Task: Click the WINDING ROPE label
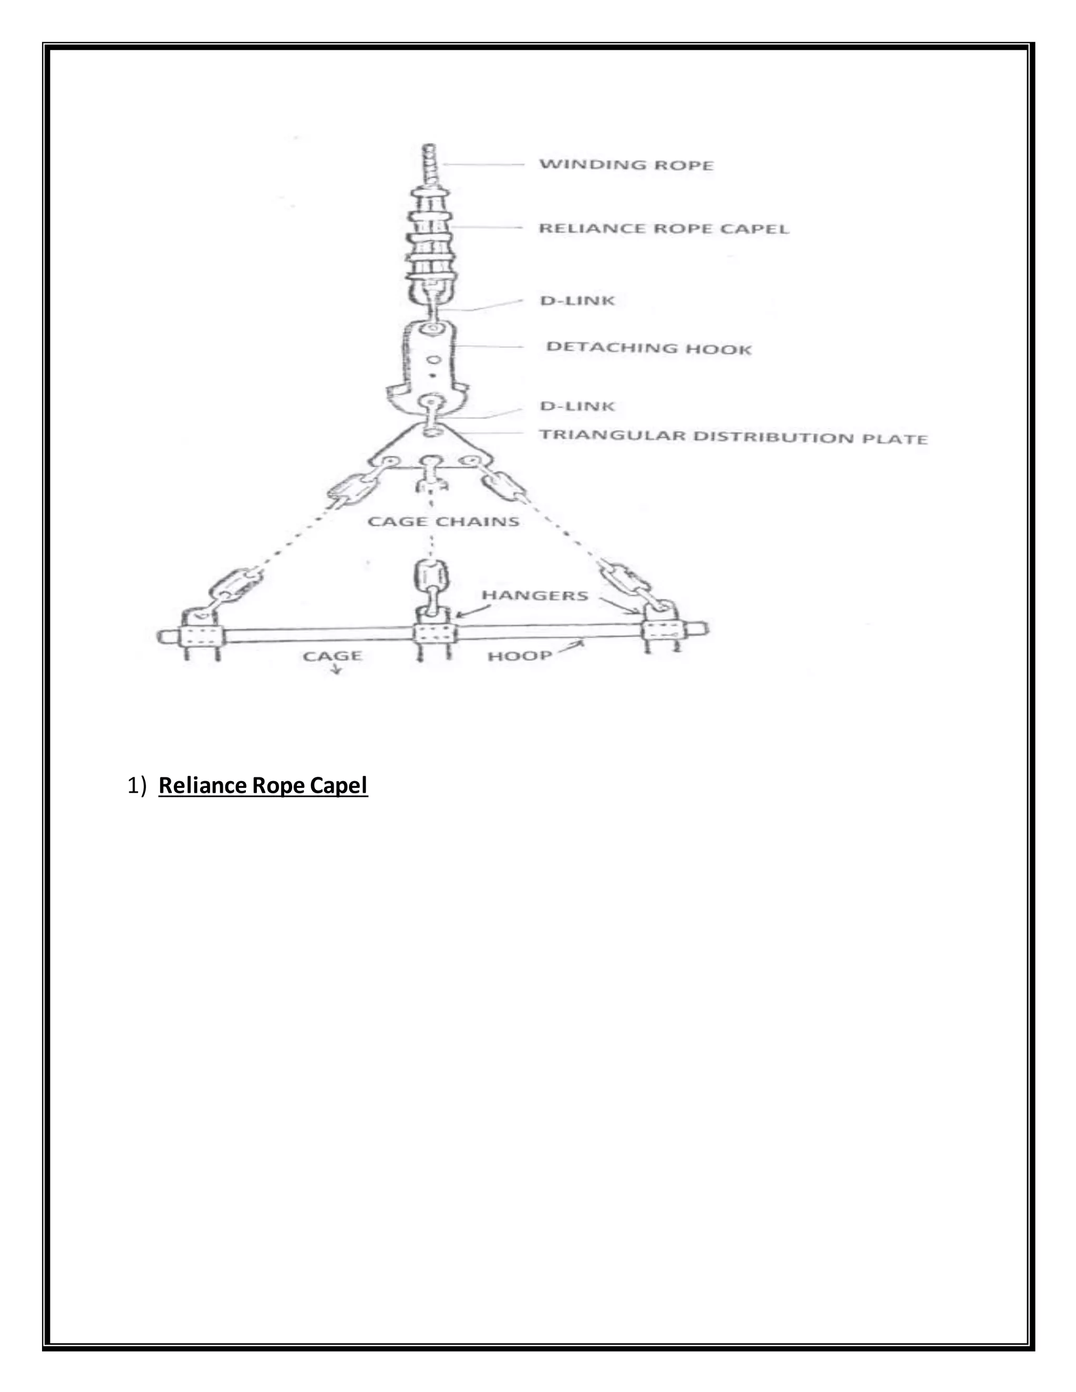tap(626, 164)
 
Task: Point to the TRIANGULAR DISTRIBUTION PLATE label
tap(733, 437)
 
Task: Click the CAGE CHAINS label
tap(443, 522)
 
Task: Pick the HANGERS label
tap(535, 595)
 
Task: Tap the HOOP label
tap(520, 656)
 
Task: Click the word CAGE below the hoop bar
tap(332, 656)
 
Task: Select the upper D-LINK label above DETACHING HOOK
tap(577, 300)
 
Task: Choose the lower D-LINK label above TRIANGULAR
tap(577, 406)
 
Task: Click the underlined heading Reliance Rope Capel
tap(263, 785)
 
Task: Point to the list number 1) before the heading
tap(137, 785)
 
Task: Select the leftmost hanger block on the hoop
tap(201, 636)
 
